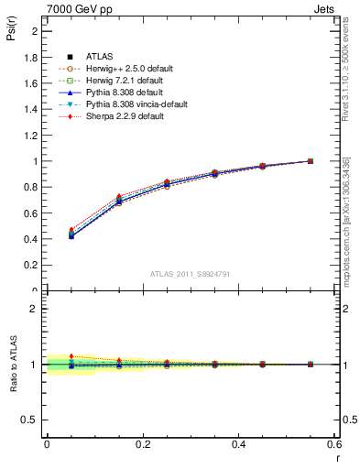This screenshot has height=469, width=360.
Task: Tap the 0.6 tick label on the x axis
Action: (x=335, y=444)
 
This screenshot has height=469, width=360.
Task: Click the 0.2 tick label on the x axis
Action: (x=143, y=444)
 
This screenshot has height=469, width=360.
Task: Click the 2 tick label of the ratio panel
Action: (x=35, y=309)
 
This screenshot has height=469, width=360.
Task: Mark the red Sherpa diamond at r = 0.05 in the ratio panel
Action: (x=71, y=356)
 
